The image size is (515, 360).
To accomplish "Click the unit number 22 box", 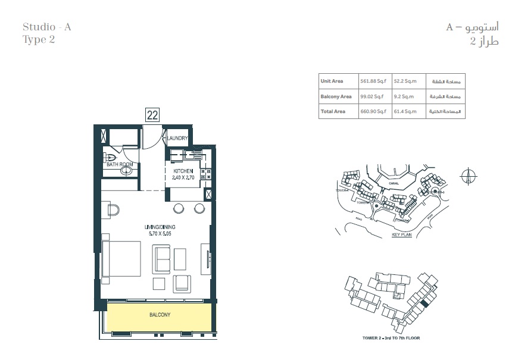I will [152, 115].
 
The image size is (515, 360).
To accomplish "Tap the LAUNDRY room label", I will [177, 139].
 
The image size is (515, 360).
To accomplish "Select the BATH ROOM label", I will [119, 164].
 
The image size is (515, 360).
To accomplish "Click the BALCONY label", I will [160, 315].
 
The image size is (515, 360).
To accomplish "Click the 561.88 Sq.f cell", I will [372, 81].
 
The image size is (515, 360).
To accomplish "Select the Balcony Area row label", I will [336, 96].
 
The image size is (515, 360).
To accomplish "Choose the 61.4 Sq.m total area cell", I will [405, 111].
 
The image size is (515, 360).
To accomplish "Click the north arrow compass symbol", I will [469, 176].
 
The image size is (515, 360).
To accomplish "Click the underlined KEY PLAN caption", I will [402, 235].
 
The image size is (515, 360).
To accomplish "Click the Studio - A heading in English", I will [47, 27].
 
